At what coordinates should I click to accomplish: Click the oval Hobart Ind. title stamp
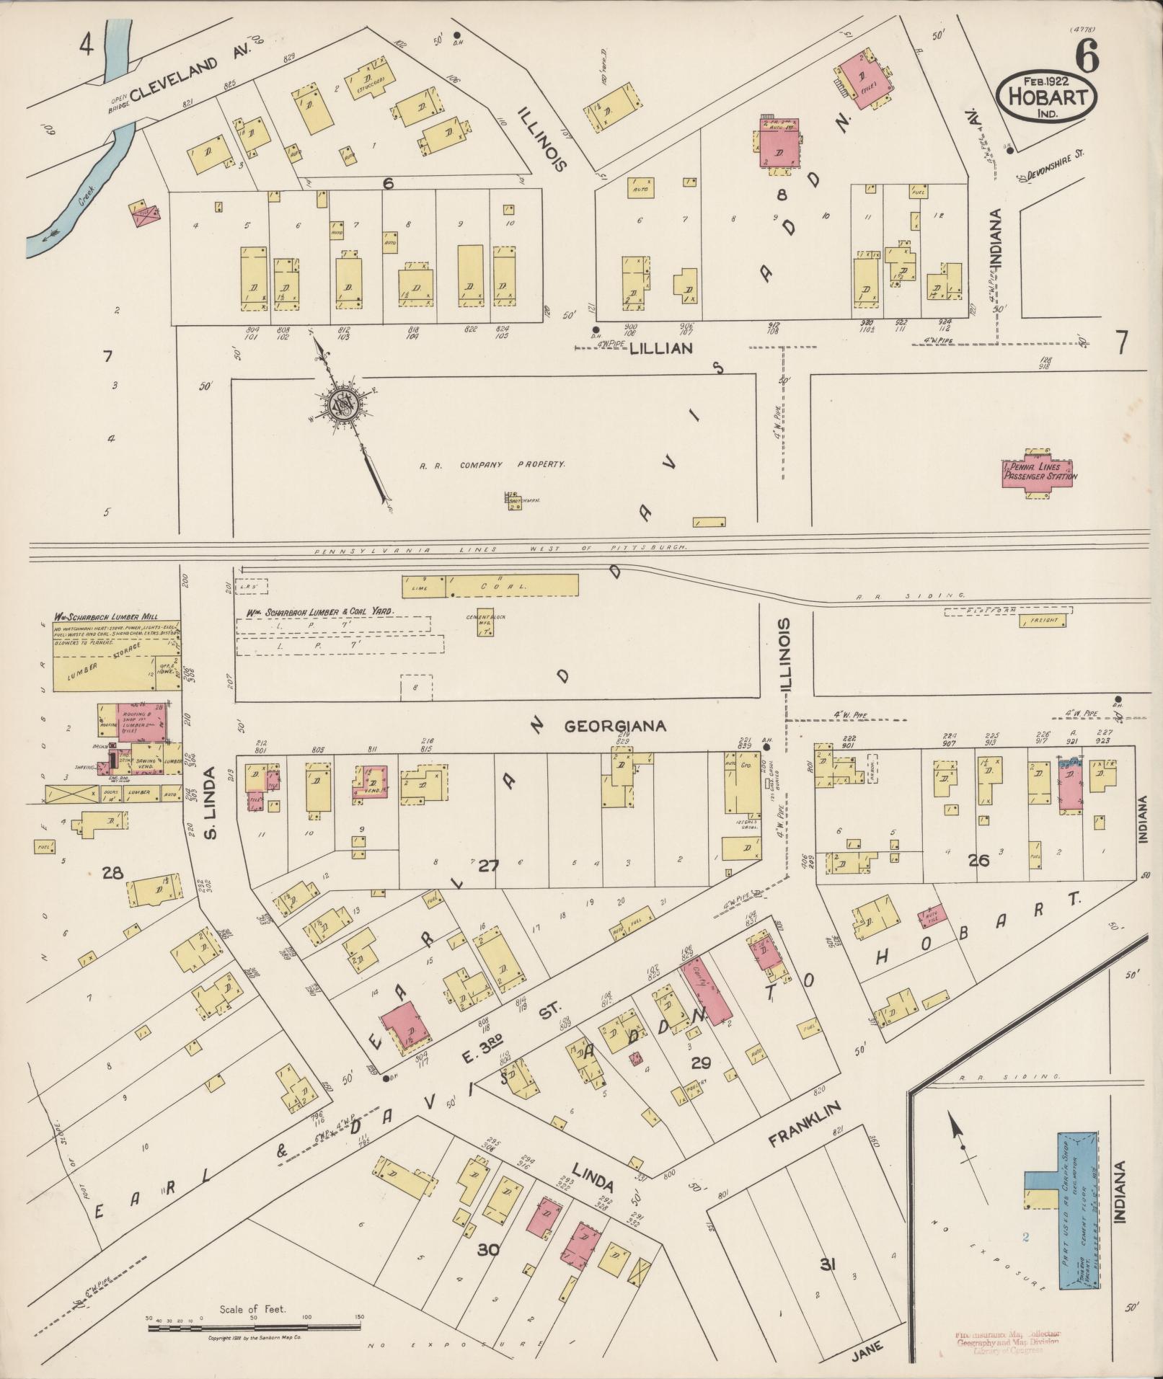click(1047, 92)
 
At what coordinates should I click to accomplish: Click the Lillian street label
click(661, 348)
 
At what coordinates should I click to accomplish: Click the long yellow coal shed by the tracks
click(512, 585)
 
